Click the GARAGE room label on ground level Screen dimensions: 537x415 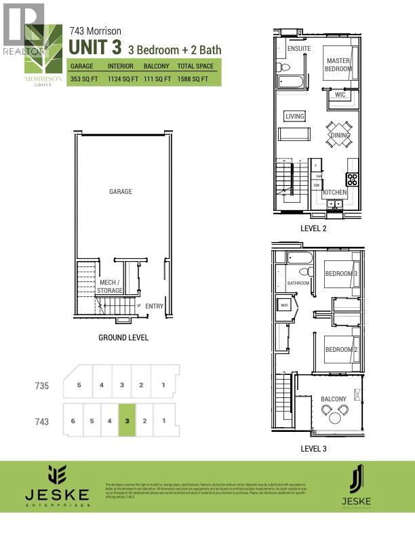coord(121,192)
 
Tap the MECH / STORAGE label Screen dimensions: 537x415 coord(109,286)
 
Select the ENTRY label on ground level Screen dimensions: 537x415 coord(154,306)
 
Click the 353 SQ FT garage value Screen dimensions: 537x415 coord(84,79)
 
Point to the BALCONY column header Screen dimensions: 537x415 coord(156,66)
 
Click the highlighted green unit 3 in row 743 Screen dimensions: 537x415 coord(127,420)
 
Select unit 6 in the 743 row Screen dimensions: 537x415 coord(72,421)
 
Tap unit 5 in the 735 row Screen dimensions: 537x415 coord(79,385)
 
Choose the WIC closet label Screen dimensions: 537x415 coord(340,95)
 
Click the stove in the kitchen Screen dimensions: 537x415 coord(352,180)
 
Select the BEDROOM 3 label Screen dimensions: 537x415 coord(341,273)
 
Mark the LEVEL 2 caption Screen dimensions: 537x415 coord(313,228)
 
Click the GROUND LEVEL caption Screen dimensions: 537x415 coord(123,338)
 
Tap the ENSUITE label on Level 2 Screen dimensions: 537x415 coord(298,49)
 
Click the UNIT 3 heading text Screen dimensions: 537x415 coord(95,49)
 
